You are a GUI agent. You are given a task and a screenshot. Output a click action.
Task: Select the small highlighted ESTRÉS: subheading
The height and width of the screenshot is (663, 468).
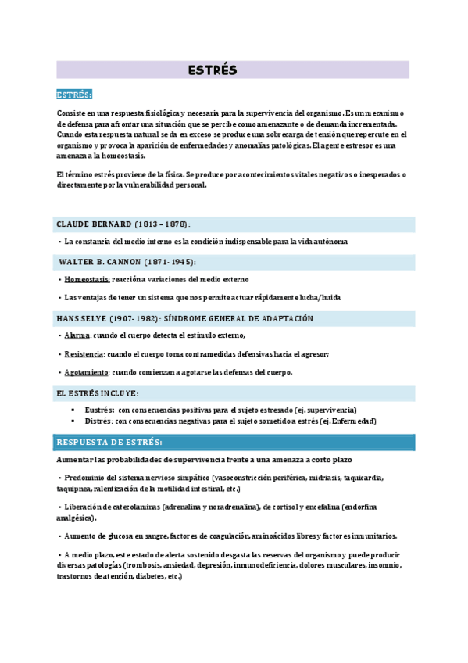pos(74,95)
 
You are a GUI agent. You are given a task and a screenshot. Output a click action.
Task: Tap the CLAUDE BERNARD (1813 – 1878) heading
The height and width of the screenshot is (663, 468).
pos(123,224)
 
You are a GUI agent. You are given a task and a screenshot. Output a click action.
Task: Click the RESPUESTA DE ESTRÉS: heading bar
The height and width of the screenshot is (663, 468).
pos(109,443)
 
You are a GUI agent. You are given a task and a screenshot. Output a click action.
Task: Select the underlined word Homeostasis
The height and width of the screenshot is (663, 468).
pos(88,279)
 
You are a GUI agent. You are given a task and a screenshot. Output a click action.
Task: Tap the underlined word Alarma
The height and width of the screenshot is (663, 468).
pos(78,335)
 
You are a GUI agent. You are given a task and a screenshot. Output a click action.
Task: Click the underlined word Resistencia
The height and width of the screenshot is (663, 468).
pos(84,354)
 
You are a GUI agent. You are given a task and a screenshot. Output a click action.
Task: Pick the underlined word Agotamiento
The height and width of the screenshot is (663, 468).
pos(87,373)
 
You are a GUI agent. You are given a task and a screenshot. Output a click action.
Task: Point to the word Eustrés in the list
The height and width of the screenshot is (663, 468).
pos(100,410)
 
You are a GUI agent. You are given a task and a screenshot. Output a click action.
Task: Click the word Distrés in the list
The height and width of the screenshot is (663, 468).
pos(98,421)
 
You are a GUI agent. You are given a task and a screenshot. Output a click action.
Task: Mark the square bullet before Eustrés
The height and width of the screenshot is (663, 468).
pos(73,410)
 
